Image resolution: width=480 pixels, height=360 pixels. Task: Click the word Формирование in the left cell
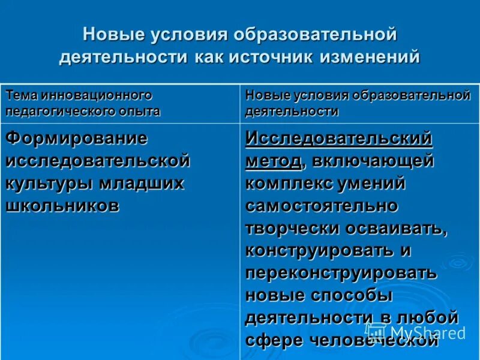pos(76,137)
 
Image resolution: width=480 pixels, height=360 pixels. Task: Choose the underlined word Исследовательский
pos(338,137)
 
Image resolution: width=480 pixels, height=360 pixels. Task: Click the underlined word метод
pos(273,161)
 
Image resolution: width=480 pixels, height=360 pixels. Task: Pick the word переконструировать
pos(341,273)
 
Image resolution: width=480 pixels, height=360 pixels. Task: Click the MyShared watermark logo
pos(415,332)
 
